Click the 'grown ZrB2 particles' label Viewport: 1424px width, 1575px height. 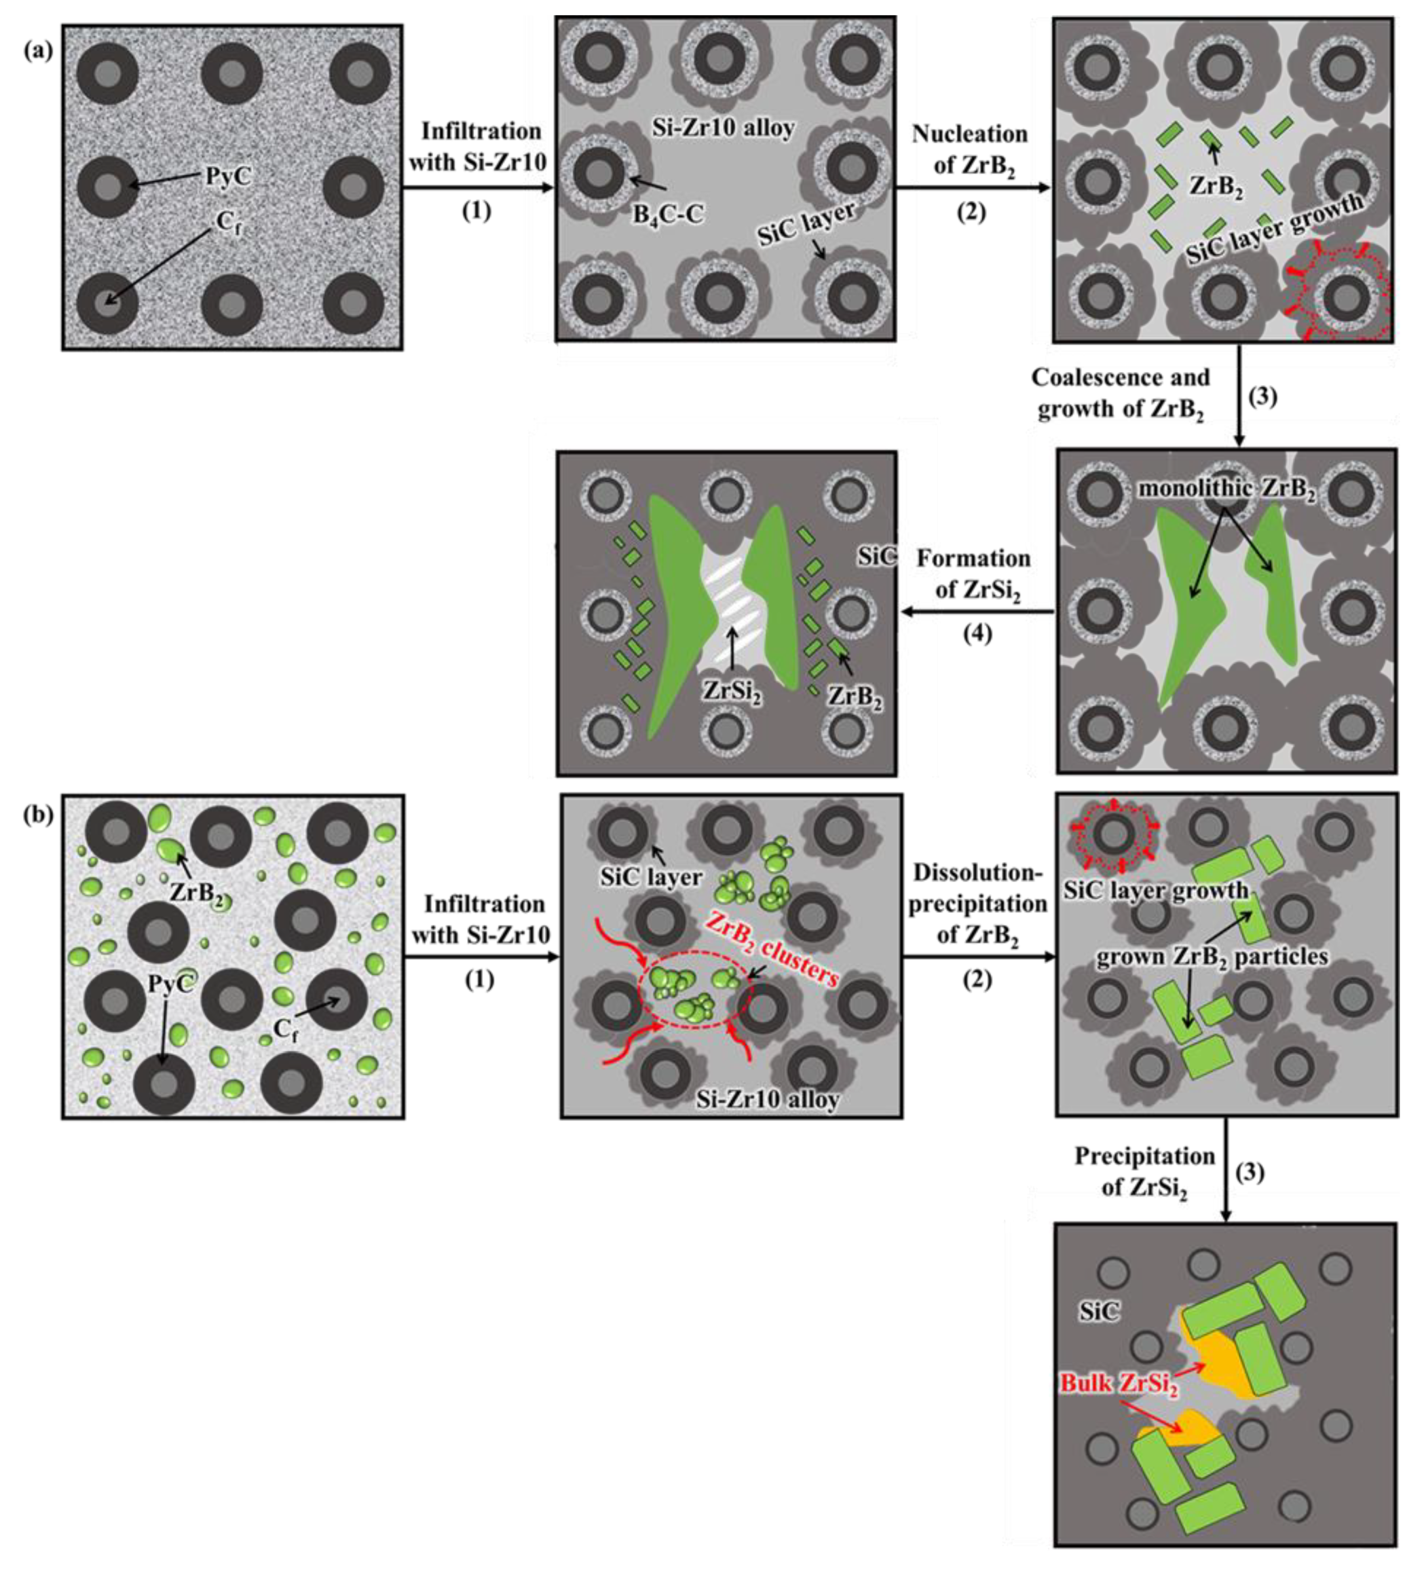tap(1212, 957)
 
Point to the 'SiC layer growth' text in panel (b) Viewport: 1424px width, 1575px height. tap(1155, 890)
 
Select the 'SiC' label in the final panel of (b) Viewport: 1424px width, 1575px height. tap(1099, 1312)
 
